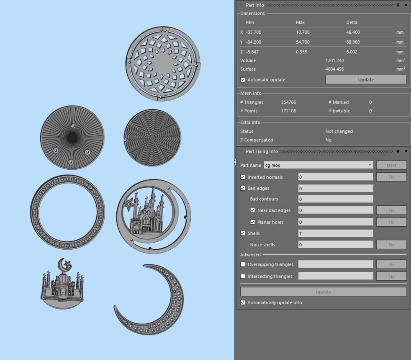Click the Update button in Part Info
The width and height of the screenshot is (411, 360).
point(366,80)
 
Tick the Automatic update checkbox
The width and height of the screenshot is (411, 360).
point(243,80)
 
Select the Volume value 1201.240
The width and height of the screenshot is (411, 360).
point(334,61)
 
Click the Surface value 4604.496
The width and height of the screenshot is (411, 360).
point(334,69)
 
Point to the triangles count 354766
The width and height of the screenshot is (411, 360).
point(288,102)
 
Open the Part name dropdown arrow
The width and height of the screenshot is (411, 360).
point(370,165)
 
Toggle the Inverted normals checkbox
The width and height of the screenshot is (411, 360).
point(243,177)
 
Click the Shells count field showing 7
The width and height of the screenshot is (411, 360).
point(335,233)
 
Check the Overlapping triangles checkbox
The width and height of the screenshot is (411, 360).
point(243,264)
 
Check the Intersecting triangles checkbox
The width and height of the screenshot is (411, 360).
point(243,276)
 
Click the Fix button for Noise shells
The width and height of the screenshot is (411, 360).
point(391,245)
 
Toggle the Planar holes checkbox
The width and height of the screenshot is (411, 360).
point(252,222)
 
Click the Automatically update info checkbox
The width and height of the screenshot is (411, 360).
point(243,303)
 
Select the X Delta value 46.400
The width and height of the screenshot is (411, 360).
point(353,32)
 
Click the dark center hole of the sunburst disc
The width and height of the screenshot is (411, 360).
point(72,138)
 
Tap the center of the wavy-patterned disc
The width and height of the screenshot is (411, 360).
point(153,138)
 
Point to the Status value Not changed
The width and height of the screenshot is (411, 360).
point(339,131)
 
